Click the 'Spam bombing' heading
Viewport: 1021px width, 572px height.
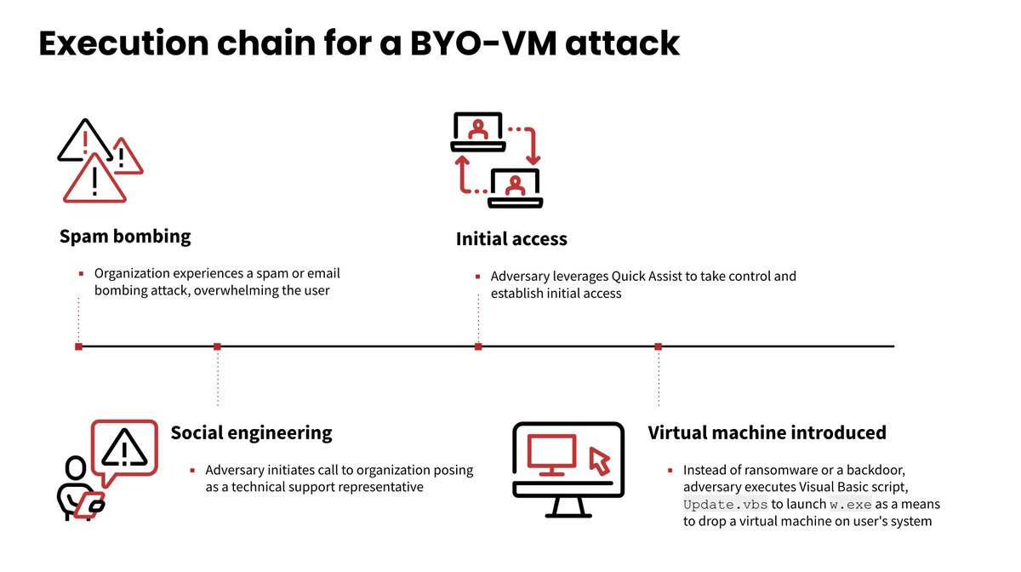(125, 237)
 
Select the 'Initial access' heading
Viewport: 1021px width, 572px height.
(511, 239)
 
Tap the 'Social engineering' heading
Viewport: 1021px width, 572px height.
(251, 432)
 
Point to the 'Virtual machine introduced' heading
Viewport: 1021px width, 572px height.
(767, 432)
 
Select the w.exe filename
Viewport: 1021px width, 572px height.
(851, 505)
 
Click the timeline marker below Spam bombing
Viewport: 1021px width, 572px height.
(78, 346)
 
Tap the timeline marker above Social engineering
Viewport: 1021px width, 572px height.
(217, 346)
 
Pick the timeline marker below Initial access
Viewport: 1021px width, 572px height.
(478, 346)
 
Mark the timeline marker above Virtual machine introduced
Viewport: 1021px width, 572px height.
(658, 346)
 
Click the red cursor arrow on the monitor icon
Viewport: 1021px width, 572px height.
(600, 460)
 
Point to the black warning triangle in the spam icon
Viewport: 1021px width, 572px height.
(83, 142)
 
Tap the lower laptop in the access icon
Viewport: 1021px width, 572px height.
(516, 187)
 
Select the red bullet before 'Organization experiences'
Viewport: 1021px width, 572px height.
(81, 274)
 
